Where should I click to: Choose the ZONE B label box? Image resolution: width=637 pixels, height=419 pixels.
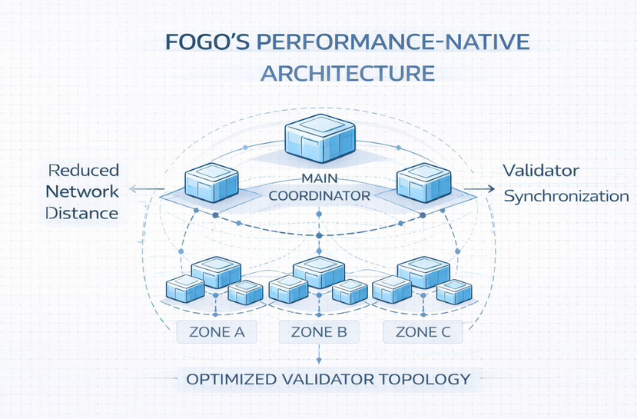(319, 332)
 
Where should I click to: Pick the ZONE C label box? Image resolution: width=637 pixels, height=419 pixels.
(423, 332)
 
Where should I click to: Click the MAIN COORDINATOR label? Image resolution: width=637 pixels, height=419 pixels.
(319, 188)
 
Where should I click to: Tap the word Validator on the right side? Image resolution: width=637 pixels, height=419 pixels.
(541, 170)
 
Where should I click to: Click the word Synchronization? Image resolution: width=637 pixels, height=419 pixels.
(566, 196)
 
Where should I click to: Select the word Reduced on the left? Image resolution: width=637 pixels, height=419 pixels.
(82, 170)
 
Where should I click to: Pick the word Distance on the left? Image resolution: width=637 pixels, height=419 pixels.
(82, 213)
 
